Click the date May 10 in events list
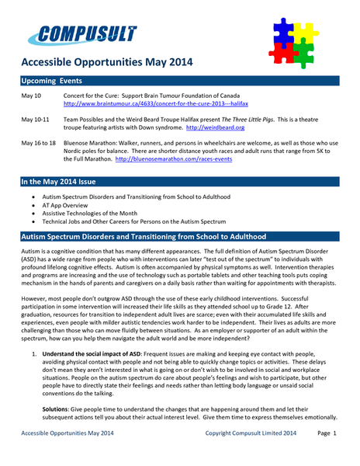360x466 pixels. click(32, 96)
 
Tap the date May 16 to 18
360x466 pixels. click(39, 143)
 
